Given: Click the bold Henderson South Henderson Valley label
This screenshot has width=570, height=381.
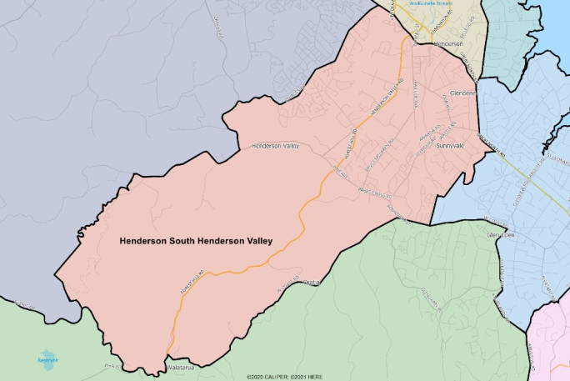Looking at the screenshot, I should point(196,241).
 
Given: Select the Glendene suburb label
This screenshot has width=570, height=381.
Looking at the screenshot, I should point(462,93).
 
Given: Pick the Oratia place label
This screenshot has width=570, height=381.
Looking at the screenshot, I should point(311,282).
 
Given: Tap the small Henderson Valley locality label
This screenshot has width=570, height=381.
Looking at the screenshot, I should point(275,146).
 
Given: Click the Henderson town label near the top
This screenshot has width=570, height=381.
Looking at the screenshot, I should point(448,43).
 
